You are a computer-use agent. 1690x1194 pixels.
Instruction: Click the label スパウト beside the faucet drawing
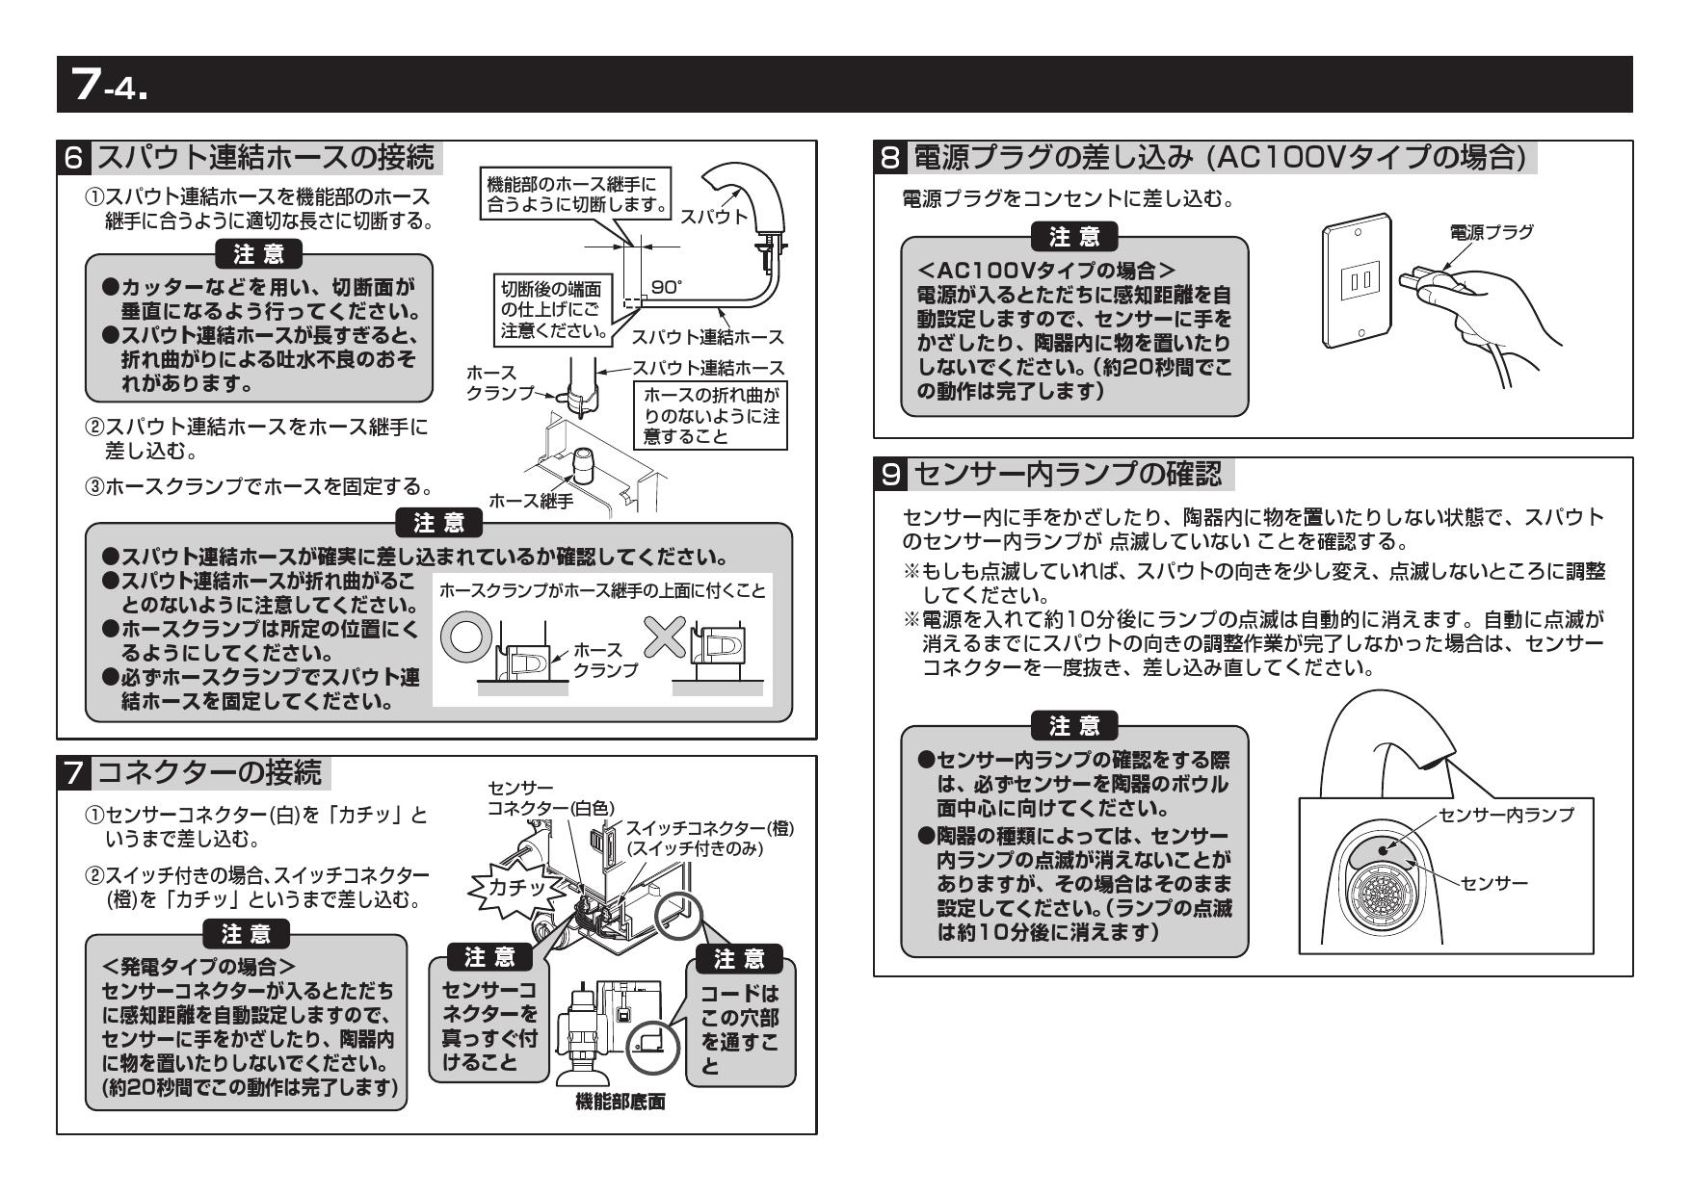[x=713, y=217]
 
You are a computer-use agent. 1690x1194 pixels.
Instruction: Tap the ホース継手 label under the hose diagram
[x=531, y=501]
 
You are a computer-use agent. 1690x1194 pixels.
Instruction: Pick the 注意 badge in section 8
[x=1074, y=235]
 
